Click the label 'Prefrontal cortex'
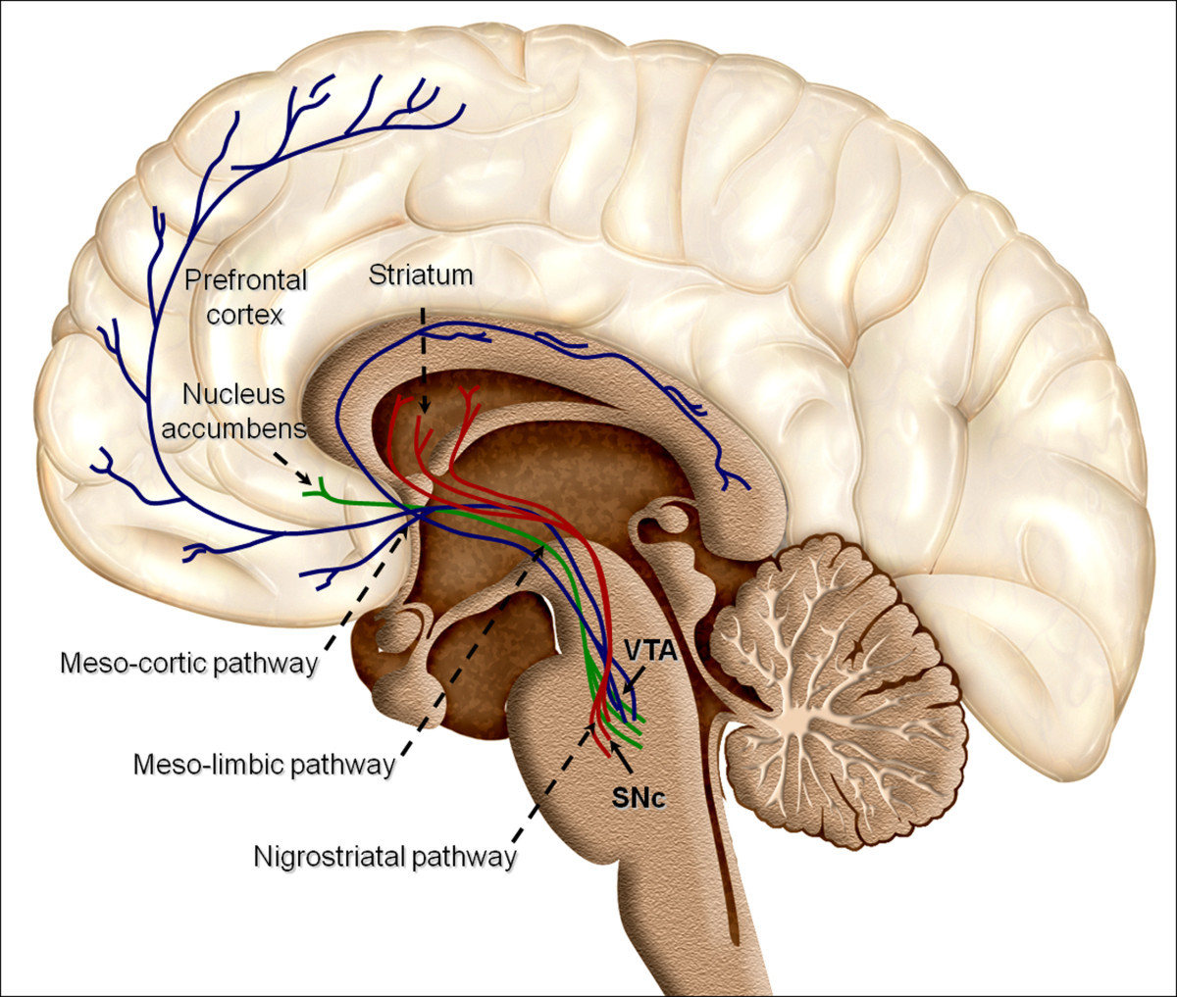coord(246,298)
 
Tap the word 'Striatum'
coord(421,275)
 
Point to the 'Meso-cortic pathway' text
coord(189,664)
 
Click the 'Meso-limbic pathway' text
coord(264,764)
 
